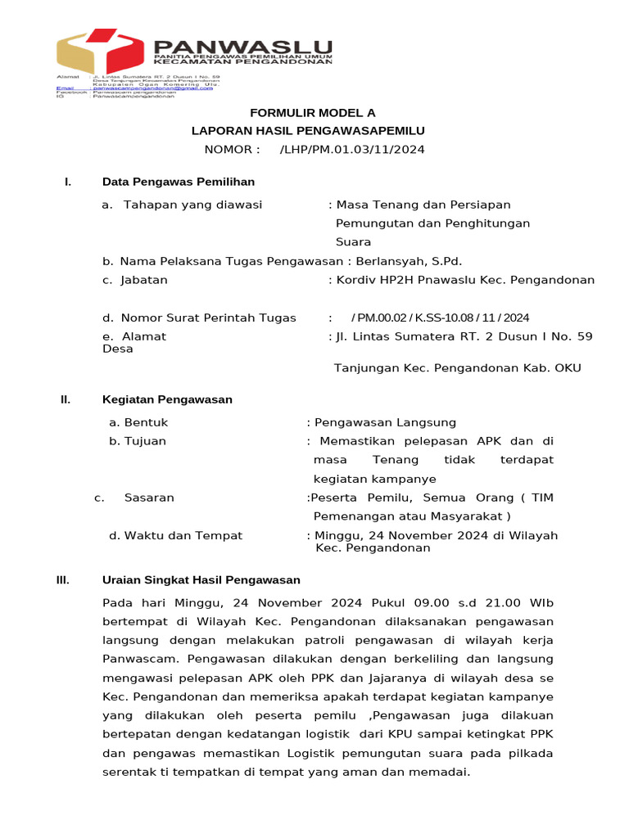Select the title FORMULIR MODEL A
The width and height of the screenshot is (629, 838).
tap(301, 113)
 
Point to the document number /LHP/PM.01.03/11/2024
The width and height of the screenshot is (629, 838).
tap(352, 149)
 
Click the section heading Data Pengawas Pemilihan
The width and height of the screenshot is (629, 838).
tap(178, 182)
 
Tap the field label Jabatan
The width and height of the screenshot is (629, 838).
tap(144, 280)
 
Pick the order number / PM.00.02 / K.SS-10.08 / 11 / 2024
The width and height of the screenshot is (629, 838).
tap(440, 318)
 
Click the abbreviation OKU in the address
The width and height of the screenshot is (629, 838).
tap(568, 368)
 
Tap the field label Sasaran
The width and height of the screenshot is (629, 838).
tap(149, 498)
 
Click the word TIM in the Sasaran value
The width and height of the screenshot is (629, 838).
tap(542, 498)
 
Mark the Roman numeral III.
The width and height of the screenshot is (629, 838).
tap(63, 580)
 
